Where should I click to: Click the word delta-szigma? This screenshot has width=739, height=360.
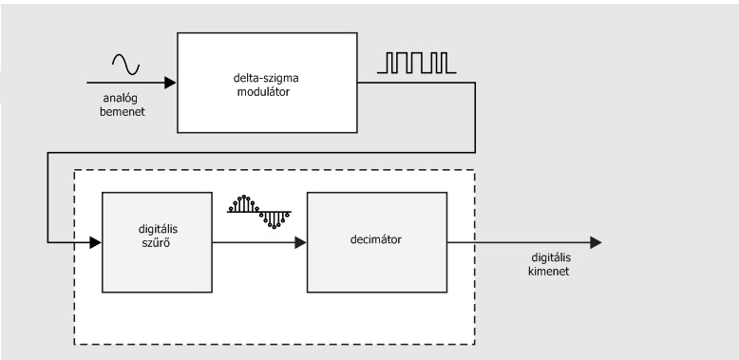click(x=266, y=78)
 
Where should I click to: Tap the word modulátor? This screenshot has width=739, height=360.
click(x=263, y=91)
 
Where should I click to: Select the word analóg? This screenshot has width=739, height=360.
click(x=121, y=99)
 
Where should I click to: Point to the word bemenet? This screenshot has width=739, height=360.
click(x=123, y=112)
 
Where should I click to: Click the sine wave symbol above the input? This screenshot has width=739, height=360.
click(x=125, y=65)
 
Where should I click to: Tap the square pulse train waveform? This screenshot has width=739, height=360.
click(x=417, y=63)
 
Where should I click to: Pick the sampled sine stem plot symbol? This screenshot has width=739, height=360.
click(x=259, y=212)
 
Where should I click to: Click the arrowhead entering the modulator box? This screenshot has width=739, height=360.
click(x=170, y=83)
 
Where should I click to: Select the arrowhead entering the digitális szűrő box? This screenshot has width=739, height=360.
click(x=95, y=242)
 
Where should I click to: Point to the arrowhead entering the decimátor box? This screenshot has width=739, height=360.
click(x=301, y=242)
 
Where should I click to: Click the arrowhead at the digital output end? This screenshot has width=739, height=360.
click(x=597, y=242)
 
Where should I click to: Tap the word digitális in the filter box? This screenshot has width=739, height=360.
click(x=158, y=230)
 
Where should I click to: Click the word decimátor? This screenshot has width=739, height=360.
click(x=376, y=239)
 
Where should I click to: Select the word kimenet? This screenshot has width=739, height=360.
click(x=549, y=272)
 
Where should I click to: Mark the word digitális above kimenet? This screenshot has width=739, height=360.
click(x=551, y=257)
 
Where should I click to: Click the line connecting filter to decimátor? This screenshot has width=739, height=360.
click(x=254, y=242)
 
